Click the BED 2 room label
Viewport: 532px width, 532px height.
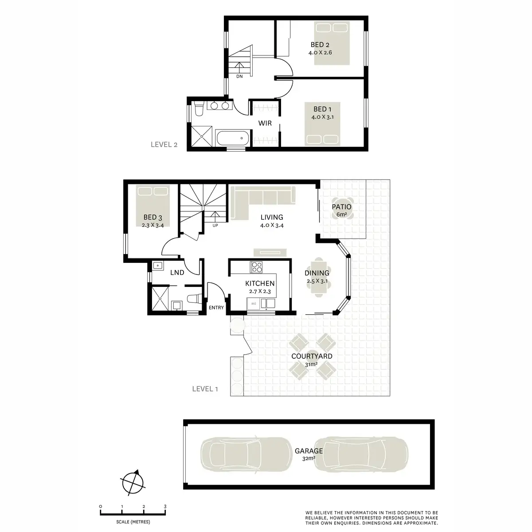(320, 45)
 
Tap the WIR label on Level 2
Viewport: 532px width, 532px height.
(265, 123)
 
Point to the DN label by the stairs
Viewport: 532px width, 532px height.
(239, 77)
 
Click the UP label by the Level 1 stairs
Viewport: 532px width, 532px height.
(215, 225)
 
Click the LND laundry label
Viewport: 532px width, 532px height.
(177, 273)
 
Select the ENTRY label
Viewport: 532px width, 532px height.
(216, 308)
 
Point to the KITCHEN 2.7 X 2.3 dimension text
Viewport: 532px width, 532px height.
(260, 292)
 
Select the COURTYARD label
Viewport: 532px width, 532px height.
(312, 356)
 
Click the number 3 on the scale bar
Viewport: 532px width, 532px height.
(165, 506)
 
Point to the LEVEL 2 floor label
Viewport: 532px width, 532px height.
(164, 145)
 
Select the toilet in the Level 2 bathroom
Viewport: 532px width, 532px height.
(199, 109)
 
